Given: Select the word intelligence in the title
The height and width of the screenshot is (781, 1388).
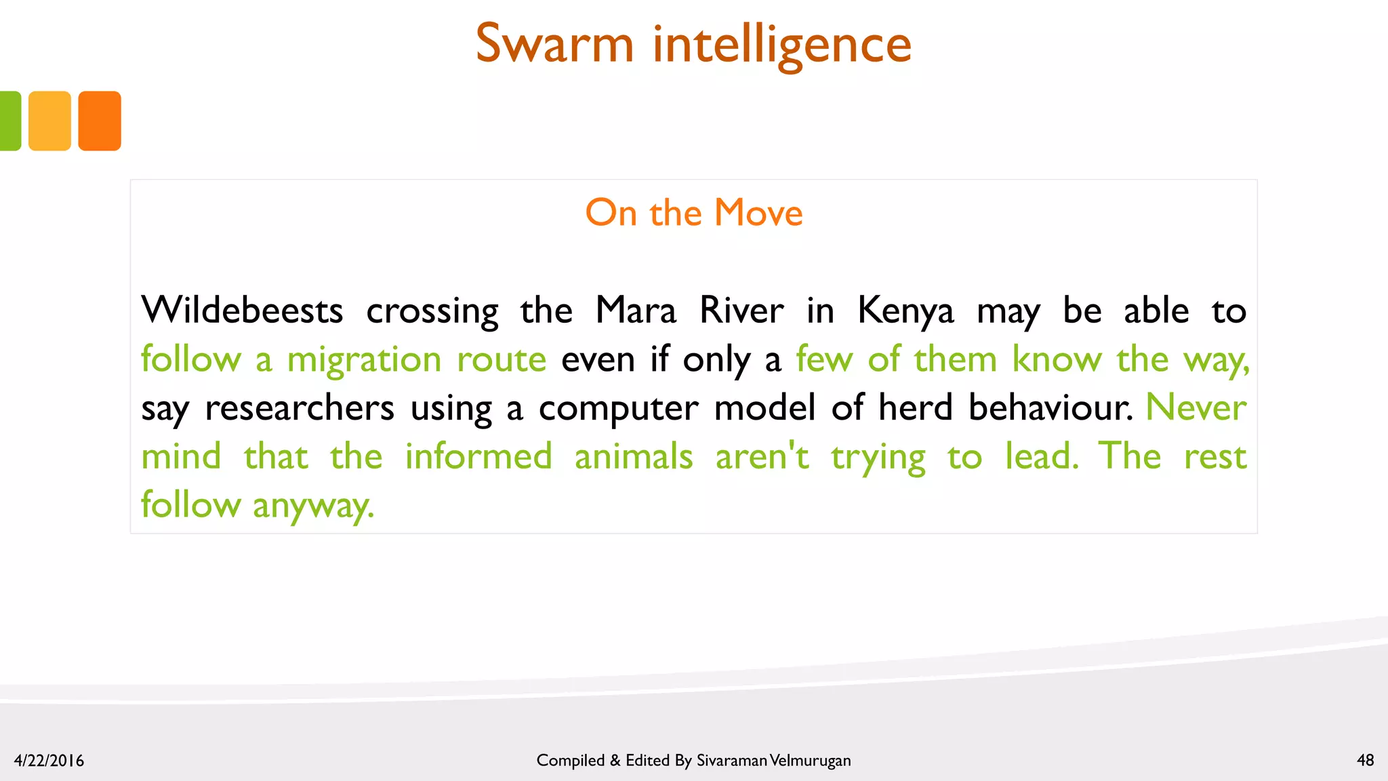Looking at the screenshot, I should pyautogui.click(x=782, y=45).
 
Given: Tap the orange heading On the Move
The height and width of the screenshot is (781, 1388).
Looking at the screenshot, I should pyautogui.click(x=694, y=213).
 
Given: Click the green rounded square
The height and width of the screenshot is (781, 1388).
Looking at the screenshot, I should pyautogui.click(x=9, y=121).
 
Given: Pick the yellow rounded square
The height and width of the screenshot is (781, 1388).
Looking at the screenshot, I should pyautogui.click(x=49, y=121).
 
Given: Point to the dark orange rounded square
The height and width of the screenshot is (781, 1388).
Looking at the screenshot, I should pyautogui.click(x=100, y=121).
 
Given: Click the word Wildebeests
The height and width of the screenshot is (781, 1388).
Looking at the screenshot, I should pyautogui.click(x=242, y=311).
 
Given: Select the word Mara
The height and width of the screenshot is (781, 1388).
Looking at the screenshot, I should pyautogui.click(x=636, y=311).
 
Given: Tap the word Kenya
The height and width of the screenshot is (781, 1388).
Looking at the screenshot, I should pyautogui.click(x=905, y=312).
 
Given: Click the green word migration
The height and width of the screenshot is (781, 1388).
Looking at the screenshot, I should pyautogui.click(x=364, y=360).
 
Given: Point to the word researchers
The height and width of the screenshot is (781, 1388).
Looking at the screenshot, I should pyautogui.click(x=299, y=408).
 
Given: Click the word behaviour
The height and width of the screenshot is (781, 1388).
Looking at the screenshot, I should pyautogui.click(x=1050, y=407).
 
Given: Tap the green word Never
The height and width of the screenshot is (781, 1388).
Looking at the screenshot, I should pyautogui.click(x=1196, y=407).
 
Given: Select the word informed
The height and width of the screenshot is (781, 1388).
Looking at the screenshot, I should pyautogui.click(x=478, y=456).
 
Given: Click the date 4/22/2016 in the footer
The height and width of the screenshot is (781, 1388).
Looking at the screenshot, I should pyautogui.click(x=49, y=761).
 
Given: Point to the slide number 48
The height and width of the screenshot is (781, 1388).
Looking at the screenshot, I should pyautogui.click(x=1365, y=760).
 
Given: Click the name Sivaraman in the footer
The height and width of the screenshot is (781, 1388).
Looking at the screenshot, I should pyautogui.click(x=732, y=761).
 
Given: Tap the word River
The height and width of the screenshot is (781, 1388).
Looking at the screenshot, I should pyautogui.click(x=741, y=311).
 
